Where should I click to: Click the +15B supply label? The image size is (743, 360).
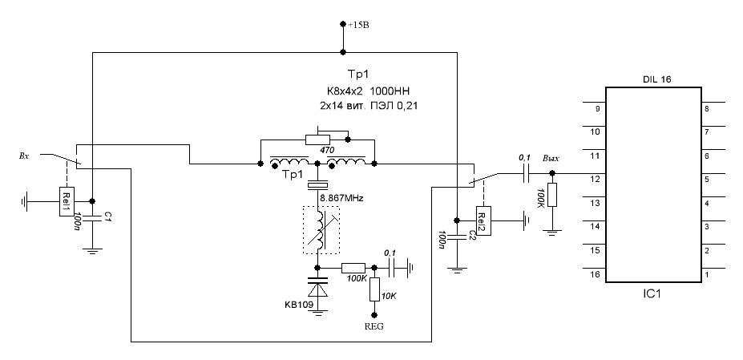tap(358, 26)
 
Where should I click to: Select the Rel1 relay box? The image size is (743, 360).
tap(67, 201)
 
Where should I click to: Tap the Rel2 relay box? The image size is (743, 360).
tap(484, 220)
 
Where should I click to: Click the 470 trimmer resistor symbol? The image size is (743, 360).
tap(318, 140)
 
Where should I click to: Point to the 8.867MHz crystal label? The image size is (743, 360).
tap(341, 199)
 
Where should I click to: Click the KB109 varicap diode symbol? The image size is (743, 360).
tap(317, 287)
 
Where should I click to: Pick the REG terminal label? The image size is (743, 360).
tap(374, 326)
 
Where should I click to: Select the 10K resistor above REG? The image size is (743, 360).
tap(374, 289)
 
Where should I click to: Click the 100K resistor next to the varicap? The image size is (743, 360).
tap(353, 268)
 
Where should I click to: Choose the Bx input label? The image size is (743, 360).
tap(24, 155)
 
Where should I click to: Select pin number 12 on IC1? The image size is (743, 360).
tap(596, 180)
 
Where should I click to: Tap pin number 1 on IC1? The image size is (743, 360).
tap(707, 274)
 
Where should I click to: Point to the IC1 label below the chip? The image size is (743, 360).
tap(652, 294)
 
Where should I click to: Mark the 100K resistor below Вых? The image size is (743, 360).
tap(551, 194)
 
